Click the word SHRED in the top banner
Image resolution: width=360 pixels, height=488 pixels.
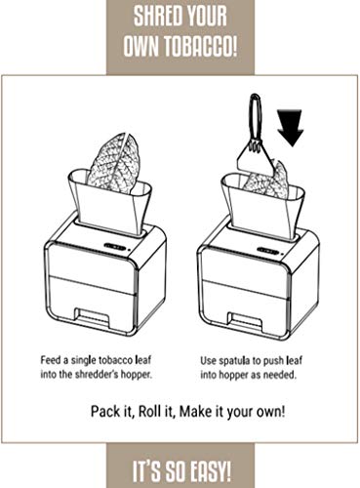(156, 16)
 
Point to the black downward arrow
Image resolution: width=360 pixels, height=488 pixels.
(290, 128)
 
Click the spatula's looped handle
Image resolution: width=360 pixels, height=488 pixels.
(255, 116)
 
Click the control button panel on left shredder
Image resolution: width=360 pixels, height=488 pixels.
(115, 247)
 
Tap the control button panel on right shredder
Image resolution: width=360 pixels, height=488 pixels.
(267, 251)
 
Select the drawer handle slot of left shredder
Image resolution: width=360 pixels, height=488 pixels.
(92, 315)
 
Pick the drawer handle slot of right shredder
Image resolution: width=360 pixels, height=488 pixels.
(245, 319)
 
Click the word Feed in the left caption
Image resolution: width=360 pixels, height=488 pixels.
(51, 360)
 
